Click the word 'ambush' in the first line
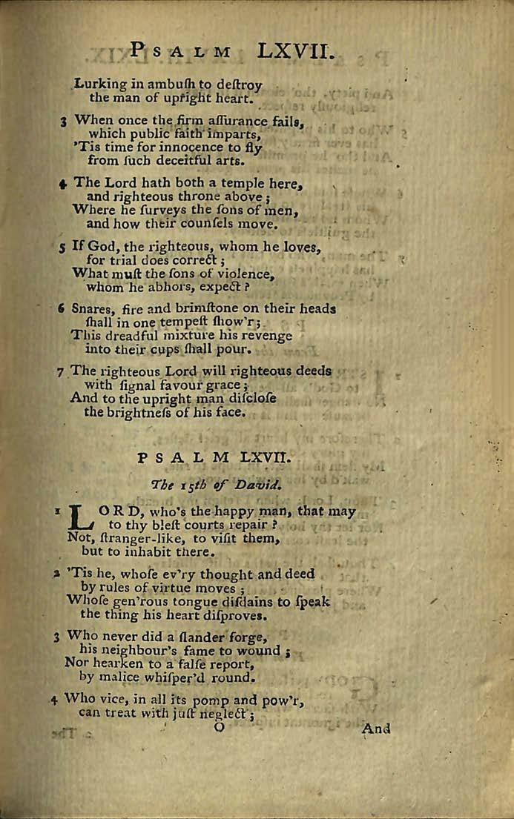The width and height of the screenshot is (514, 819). (153, 84)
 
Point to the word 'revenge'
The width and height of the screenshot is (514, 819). (274, 335)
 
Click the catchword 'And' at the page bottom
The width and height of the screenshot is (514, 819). (376, 729)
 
